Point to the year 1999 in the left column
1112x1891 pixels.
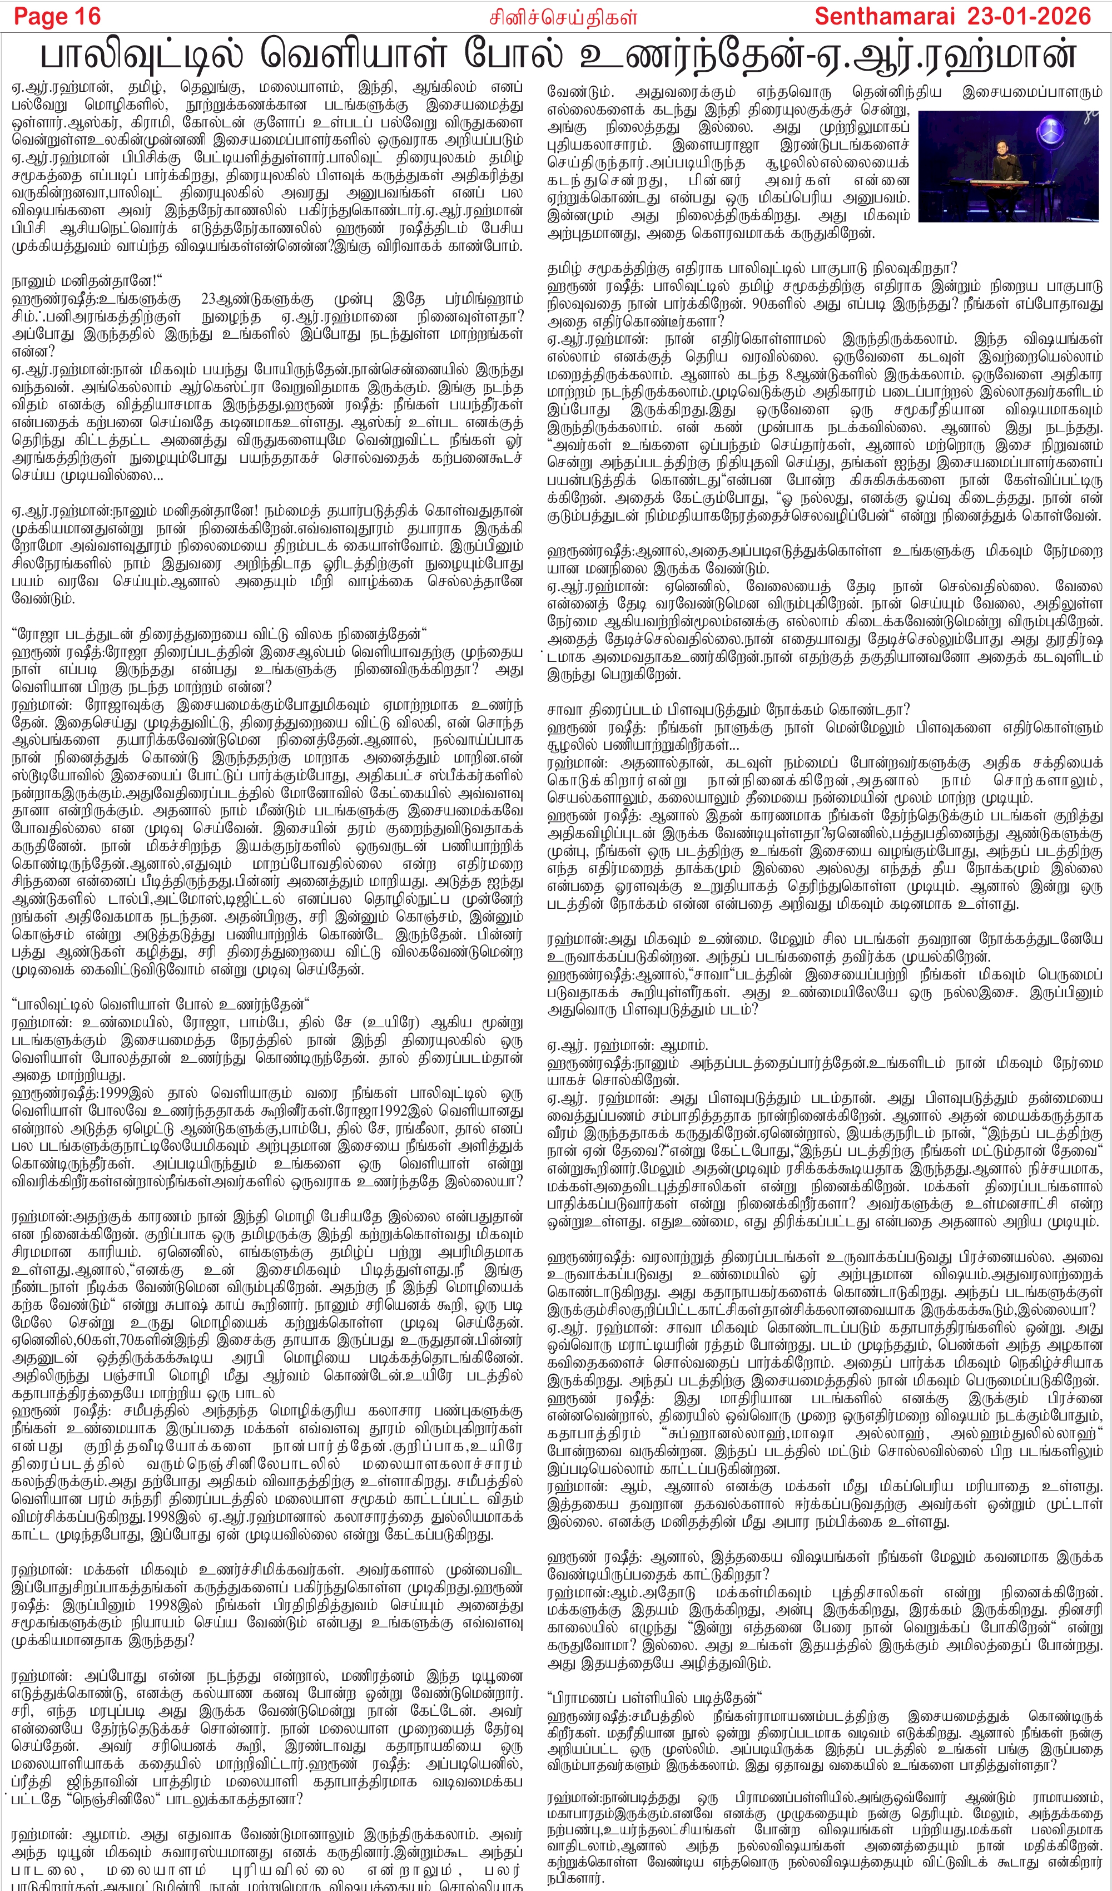pos(116,1092)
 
